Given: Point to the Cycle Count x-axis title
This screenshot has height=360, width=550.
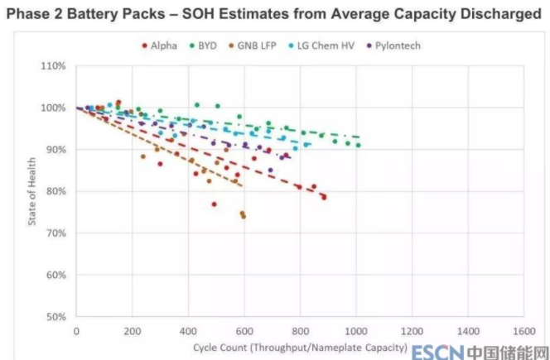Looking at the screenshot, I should point(300,347).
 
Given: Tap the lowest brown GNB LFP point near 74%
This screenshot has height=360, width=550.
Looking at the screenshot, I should point(243,216).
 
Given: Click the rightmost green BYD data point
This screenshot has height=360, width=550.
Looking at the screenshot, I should point(358,145).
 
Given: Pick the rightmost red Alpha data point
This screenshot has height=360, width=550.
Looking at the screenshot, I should point(324,197).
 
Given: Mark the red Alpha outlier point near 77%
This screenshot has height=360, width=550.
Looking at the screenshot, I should point(214,204).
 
